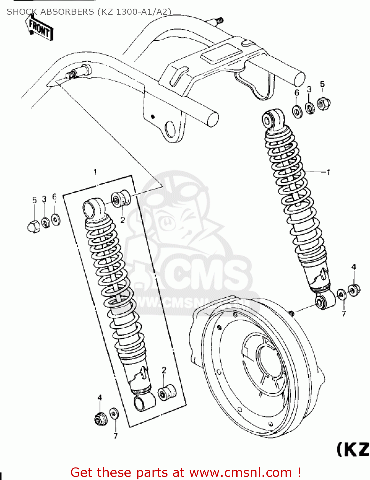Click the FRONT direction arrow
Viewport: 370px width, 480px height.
pos(40,28)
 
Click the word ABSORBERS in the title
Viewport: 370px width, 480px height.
pos(67,12)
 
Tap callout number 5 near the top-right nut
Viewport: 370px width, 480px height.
pos(322,84)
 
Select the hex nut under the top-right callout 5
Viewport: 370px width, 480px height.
pos(323,103)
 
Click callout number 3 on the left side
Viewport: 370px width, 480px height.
pos(44,199)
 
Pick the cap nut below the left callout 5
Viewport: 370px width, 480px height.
pos(34,226)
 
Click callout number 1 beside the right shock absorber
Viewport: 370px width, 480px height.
pos(328,172)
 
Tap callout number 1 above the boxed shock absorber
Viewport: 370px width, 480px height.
pos(95,172)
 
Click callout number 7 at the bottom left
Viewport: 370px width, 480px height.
pos(115,436)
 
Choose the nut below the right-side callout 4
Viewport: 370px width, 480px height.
pos(354,290)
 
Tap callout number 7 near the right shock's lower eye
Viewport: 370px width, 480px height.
pos(344,314)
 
